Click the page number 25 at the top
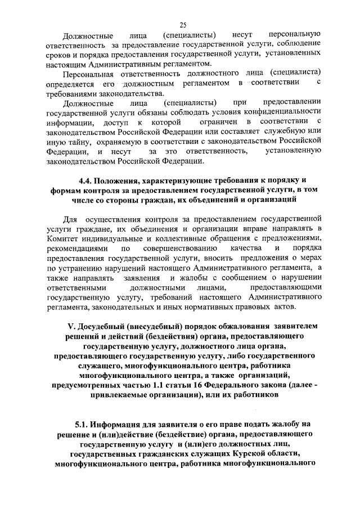[183, 24]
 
